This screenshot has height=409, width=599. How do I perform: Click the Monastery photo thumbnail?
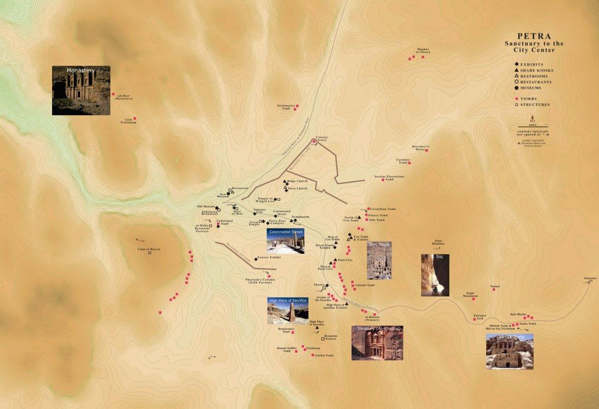(81, 90)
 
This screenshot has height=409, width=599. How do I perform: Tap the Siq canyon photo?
(435, 275)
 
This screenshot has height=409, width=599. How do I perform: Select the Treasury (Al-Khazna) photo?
(377, 342)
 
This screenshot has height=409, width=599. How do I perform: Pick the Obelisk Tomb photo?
(510, 351)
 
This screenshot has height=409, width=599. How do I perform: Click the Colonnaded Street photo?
(285, 241)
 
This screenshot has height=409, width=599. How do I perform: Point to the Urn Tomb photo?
(379, 260)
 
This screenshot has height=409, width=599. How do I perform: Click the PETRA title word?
(534, 35)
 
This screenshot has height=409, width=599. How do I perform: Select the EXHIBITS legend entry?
(532, 64)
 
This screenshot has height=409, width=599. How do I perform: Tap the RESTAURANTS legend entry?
(536, 82)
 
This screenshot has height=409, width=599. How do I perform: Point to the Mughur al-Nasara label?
(423, 51)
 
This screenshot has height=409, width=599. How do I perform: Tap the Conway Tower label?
(322, 138)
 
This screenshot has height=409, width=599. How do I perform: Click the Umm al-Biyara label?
(149, 249)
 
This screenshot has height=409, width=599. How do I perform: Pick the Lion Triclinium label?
(128, 121)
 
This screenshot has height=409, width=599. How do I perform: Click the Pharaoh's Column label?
(260, 281)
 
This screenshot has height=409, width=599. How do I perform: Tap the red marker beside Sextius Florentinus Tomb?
(383, 180)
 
